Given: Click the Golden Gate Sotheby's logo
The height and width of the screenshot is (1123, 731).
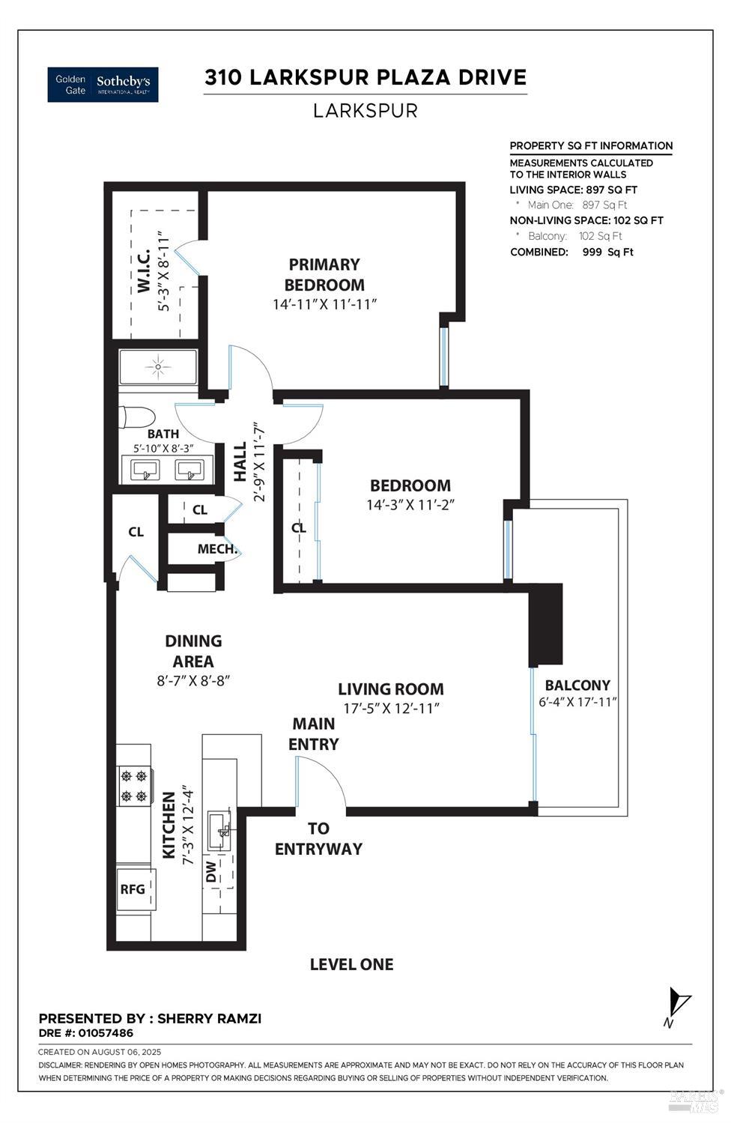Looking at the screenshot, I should [x=103, y=85].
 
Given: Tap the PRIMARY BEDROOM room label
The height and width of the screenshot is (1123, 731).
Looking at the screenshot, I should [x=324, y=274].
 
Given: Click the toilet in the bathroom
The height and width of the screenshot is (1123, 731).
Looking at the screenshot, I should [x=136, y=417].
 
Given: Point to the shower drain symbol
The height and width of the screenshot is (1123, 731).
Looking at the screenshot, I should [x=157, y=367].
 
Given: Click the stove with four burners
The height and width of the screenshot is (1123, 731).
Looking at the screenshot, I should [x=134, y=786].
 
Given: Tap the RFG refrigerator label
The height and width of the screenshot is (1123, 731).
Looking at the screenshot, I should [x=133, y=889].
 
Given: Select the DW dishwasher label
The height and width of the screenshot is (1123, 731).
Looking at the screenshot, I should [x=211, y=871].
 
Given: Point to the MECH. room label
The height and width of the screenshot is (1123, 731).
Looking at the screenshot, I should [x=217, y=549].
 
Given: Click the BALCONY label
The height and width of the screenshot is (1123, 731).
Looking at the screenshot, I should [x=577, y=685].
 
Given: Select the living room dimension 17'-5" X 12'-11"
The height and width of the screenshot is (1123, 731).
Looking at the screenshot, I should [x=390, y=708].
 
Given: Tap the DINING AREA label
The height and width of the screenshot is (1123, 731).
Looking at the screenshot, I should [x=193, y=651].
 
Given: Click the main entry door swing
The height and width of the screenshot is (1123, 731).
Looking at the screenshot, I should [x=321, y=783].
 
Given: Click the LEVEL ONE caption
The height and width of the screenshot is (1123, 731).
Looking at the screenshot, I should [x=351, y=964].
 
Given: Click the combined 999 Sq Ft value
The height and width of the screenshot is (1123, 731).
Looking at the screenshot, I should [x=607, y=252].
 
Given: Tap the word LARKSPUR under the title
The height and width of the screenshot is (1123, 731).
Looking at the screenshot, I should [x=365, y=111].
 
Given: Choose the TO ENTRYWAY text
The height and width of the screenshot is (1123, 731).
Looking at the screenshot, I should [x=318, y=838].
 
